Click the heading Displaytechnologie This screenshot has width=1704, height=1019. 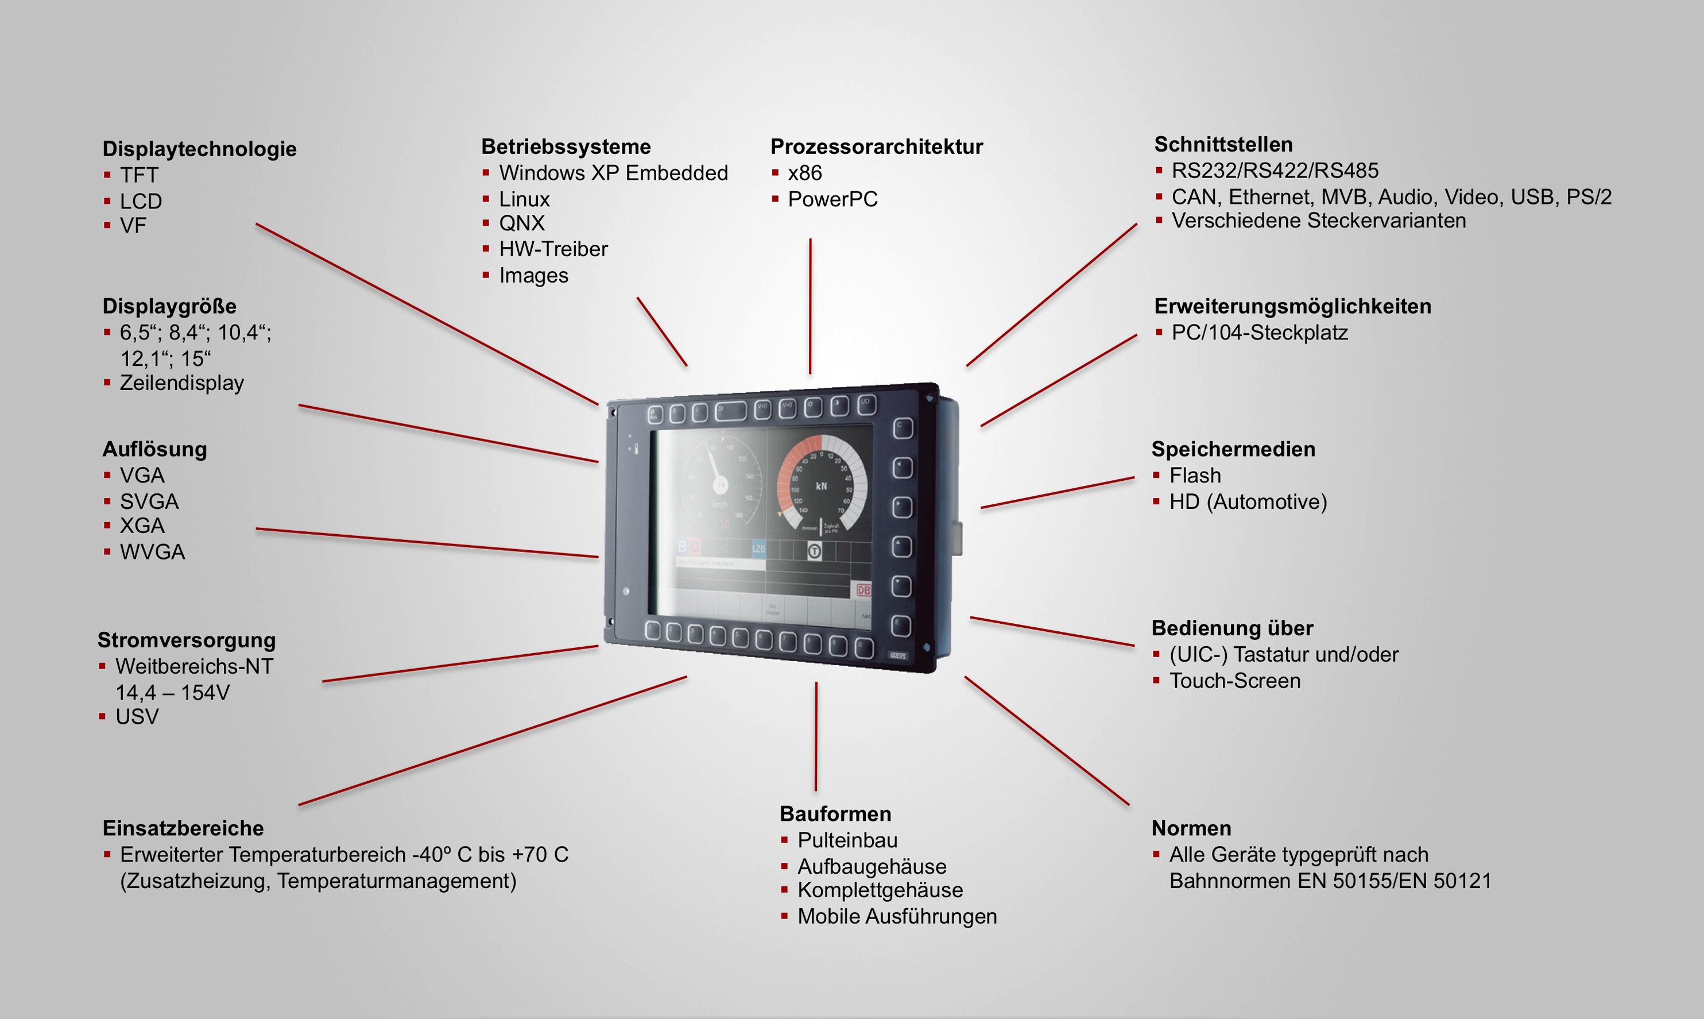click(x=199, y=149)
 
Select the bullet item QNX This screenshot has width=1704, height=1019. click(x=521, y=223)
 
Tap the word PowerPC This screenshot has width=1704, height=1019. click(x=832, y=199)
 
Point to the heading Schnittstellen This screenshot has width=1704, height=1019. click(x=1223, y=144)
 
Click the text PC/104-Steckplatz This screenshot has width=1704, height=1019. click(x=1259, y=333)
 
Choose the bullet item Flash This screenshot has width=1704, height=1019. click(x=1195, y=475)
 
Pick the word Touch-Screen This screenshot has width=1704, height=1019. click(x=1234, y=681)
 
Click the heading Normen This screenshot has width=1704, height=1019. click(x=1191, y=828)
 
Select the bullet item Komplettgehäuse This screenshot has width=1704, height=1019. click(x=880, y=890)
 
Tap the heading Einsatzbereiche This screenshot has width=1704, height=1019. click(x=183, y=828)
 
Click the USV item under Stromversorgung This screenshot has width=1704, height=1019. click(x=137, y=717)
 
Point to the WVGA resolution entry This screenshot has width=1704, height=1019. click(x=152, y=552)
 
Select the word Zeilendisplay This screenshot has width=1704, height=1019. click(x=182, y=383)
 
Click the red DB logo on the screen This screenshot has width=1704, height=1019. click(x=863, y=590)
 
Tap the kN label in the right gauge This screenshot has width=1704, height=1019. click(x=822, y=486)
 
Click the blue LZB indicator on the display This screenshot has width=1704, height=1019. click(x=758, y=548)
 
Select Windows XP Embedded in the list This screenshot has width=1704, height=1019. click(x=613, y=173)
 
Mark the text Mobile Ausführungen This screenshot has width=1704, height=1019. click(x=896, y=916)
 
